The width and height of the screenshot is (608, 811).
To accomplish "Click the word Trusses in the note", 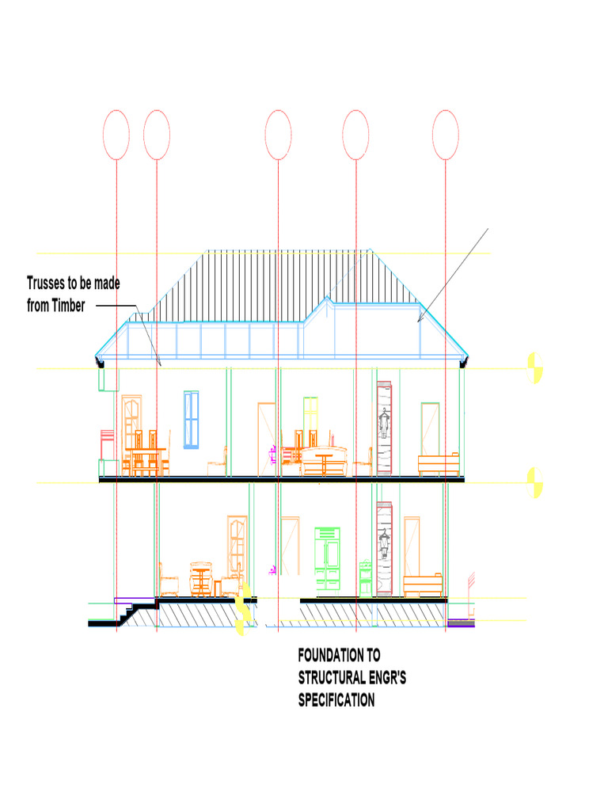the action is (45, 283).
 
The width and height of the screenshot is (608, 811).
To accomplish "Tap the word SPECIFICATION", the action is (336, 700).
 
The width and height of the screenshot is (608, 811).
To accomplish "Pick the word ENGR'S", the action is (387, 678).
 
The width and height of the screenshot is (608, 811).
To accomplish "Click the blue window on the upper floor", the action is (192, 420).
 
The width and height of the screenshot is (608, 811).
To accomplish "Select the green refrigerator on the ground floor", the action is (327, 558).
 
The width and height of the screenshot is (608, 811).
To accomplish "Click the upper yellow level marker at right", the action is (534, 368).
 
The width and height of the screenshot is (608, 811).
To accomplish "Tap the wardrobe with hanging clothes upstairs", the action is (384, 428).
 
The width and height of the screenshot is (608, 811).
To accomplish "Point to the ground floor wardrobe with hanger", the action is (384, 549).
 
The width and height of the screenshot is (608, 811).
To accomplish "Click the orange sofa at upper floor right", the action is (439, 464).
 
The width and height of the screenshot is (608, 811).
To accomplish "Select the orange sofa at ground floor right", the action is (423, 585).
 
